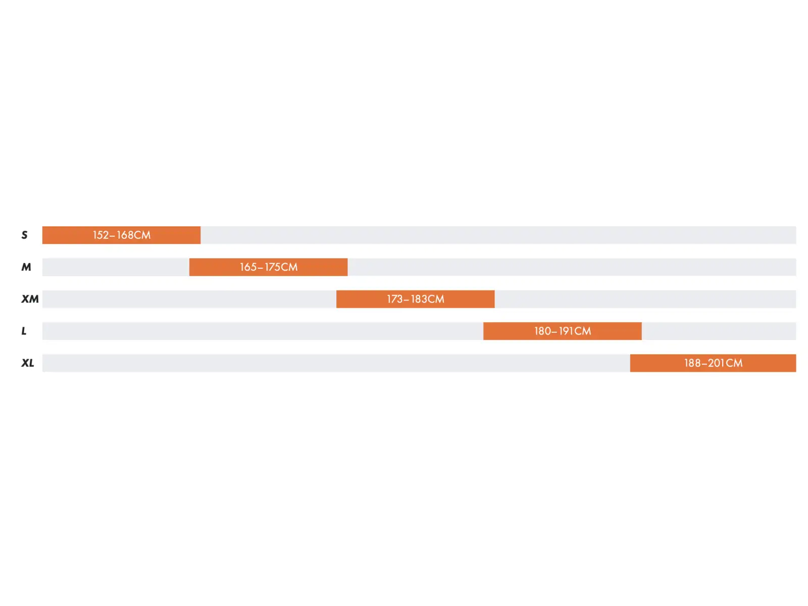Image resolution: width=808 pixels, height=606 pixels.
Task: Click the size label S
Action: click(x=24, y=235)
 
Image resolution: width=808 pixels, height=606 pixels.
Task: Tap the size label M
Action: click(x=26, y=267)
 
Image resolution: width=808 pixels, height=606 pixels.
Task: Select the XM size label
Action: click(x=30, y=299)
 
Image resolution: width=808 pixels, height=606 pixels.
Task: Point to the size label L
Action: click(x=24, y=331)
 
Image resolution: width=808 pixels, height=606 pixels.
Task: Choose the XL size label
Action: click(x=28, y=363)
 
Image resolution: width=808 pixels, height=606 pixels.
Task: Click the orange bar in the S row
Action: click(x=122, y=235)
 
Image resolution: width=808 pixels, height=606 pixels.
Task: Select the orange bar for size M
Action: click(x=268, y=267)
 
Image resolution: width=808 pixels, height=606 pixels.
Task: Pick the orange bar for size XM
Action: click(x=415, y=299)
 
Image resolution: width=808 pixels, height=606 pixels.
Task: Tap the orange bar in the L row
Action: click(x=562, y=331)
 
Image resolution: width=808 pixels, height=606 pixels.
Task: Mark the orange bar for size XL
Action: click(x=713, y=363)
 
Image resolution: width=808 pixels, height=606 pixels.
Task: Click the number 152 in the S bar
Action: click(x=100, y=235)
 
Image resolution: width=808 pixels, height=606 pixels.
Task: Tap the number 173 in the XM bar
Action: click(x=394, y=299)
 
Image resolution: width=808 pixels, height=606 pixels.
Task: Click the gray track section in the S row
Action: click(x=498, y=235)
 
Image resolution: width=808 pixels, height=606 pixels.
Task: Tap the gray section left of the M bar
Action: click(x=116, y=267)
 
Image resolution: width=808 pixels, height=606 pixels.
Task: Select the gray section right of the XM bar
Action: click(x=645, y=299)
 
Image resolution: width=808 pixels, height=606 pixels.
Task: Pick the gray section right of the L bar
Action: click(x=719, y=331)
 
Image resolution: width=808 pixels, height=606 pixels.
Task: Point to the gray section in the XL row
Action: click(x=336, y=363)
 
